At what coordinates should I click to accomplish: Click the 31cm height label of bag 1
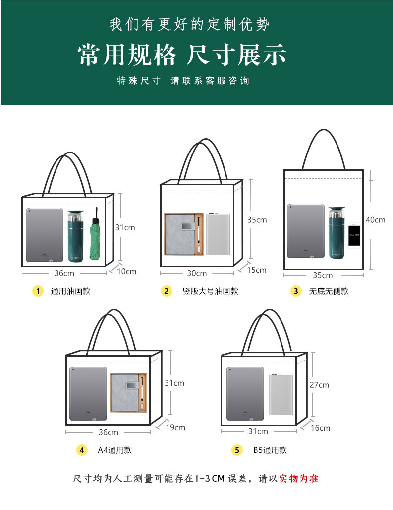click(x=125, y=228)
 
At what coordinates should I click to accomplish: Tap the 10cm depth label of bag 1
click(x=127, y=271)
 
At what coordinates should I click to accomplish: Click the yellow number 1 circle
click(x=38, y=291)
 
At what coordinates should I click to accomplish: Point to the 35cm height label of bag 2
click(x=257, y=220)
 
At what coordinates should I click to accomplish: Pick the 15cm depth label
click(x=257, y=270)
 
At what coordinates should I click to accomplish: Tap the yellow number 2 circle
click(x=167, y=291)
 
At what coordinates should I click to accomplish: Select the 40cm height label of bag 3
click(x=375, y=220)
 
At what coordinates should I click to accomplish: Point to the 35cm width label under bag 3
click(x=323, y=275)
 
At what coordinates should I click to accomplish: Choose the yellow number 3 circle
click(x=296, y=291)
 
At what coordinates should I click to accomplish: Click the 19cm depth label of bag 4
click(x=175, y=427)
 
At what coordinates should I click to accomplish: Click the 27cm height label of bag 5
click(x=320, y=385)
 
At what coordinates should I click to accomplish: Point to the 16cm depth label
click(x=321, y=428)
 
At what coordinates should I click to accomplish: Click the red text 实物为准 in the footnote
click(x=299, y=479)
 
